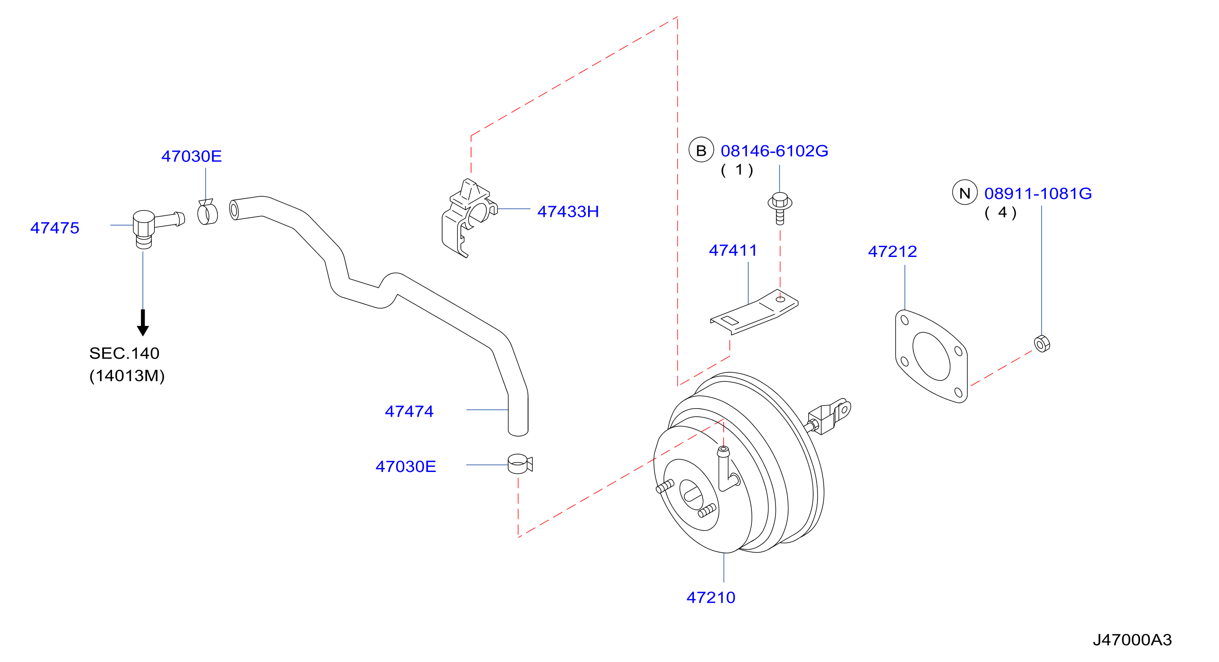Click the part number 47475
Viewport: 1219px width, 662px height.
coord(55,228)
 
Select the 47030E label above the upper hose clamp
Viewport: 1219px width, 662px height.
coord(192,156)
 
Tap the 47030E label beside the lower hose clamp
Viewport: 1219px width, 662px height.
coord(406,467)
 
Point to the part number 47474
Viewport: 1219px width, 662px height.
coord(409,411)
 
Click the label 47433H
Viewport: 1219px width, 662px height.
coord(568,211)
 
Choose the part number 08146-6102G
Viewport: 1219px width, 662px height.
coord(774,151)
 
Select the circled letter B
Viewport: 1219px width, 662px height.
coord(701,150)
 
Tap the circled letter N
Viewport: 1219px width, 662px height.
coord(964,193)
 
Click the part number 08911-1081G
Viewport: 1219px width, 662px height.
coord(1038,194)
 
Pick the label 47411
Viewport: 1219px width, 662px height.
coord(733,250)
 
